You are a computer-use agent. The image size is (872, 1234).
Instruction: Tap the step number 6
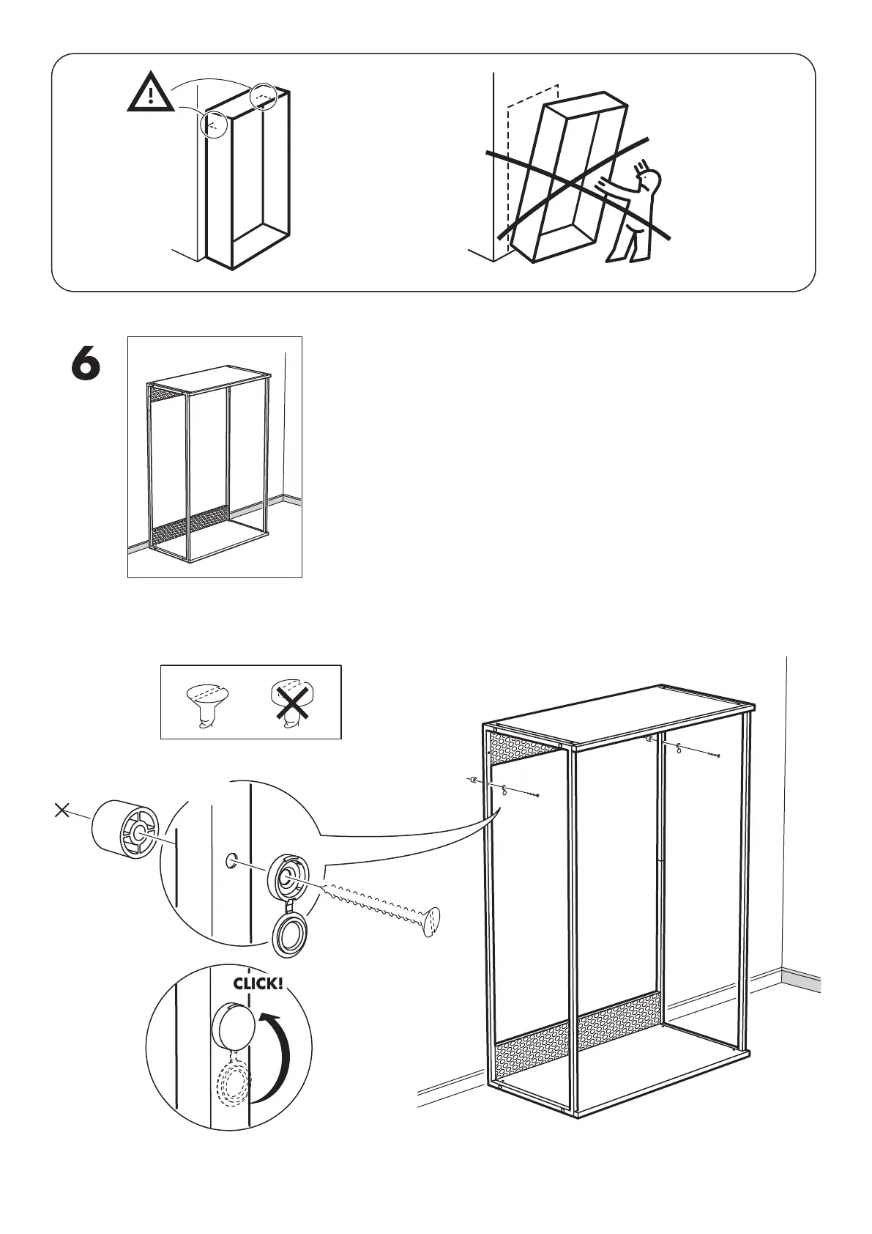[x=86, y=364]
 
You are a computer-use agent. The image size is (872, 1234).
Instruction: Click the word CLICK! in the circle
[x=258, y=983]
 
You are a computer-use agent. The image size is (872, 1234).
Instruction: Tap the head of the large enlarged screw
[x=432, y=921]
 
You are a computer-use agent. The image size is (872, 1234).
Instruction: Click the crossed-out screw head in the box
[x=291, y=702]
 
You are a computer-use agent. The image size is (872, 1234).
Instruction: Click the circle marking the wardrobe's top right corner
[x=264, y=97]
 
